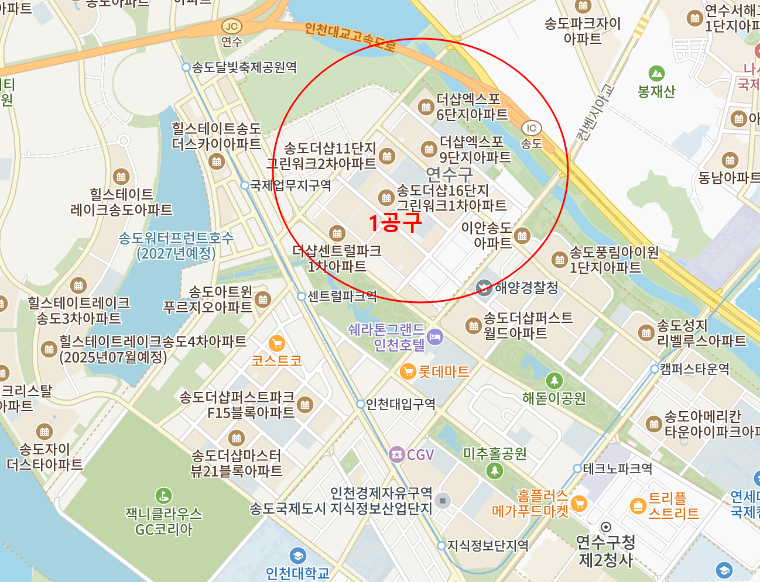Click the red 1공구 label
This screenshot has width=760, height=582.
tap(395, 223)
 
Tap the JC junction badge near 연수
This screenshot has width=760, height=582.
tap(232, 26)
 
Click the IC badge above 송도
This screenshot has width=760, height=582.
tap(531, 128)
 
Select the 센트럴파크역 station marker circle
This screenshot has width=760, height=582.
tap(302, 297)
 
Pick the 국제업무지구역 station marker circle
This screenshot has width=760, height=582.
tap(245, 185)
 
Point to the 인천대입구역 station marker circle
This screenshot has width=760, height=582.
tap(361, 404)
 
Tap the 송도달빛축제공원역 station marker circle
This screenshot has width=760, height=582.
tap(186, 67)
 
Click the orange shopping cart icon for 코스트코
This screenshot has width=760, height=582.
tap(276, 343)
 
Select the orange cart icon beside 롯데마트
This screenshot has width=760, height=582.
tap(408, 371)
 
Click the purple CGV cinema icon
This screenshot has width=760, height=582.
tap(397, 454)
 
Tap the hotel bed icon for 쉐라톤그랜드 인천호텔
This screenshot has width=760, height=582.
tap(435, 337)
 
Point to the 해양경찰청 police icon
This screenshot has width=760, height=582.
tap(484, 288)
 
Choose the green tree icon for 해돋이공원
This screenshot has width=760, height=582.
tap(554, 381)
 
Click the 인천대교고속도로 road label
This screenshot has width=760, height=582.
tap(350, 36)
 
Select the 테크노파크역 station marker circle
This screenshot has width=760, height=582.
tap(577, 469)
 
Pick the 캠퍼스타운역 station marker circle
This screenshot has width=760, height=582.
tap(655, 369)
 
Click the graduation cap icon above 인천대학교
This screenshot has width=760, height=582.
tap(297, 556)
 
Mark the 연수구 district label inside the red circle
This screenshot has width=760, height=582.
tap(449, 174)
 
